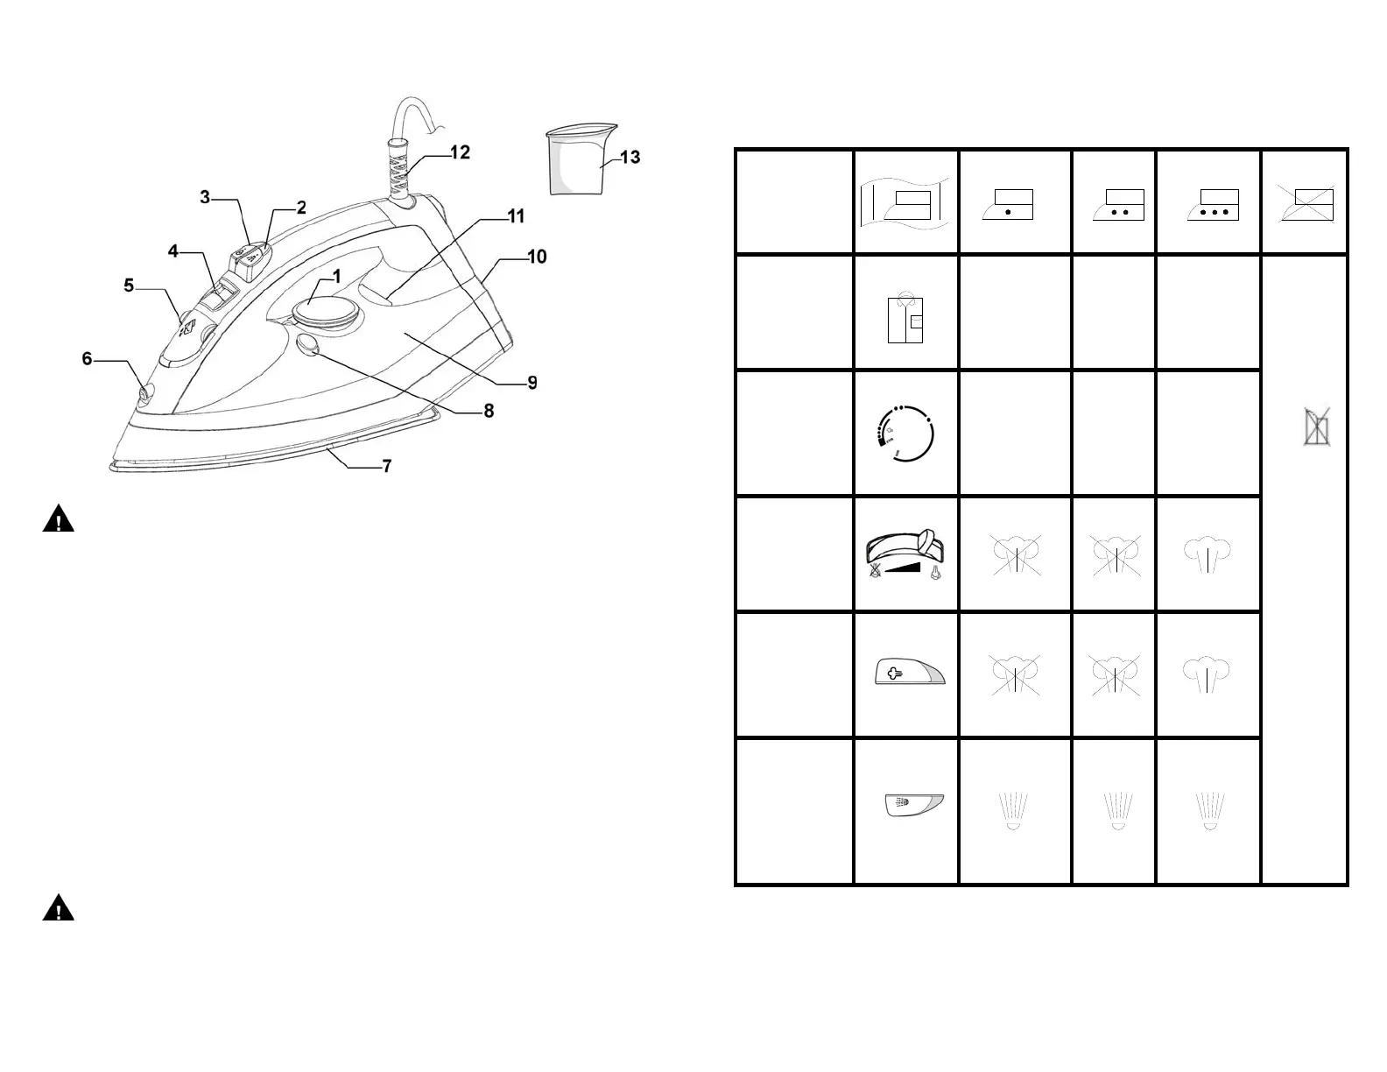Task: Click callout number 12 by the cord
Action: (460, 152)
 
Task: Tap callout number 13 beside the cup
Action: (630, 158)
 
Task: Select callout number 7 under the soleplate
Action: (386, 466)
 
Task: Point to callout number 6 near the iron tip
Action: (87, 359)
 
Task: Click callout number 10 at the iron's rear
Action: (537, 257)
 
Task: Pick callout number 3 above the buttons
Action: (205, 197)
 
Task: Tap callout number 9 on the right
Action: (532, 383)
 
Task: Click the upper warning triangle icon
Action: (58, 518)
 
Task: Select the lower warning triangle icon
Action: (58, 907)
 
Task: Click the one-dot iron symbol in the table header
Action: (1008, 204)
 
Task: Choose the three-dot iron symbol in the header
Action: (1213, 204)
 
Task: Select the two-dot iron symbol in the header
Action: (1118, 204)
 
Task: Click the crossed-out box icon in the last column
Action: (1317, 428)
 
